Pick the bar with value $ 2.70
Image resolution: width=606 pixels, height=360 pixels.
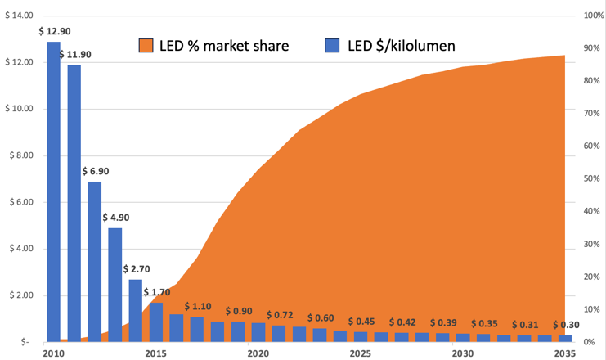tap(136, 309)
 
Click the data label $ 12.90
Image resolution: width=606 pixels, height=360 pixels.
tap(53, 30)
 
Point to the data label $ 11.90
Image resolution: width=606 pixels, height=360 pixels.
tap(77, 54)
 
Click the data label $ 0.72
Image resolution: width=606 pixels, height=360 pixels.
tap(281, 315)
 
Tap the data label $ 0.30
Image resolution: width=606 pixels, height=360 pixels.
tap(567, 325)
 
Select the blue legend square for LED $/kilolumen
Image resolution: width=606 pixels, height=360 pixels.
tap(331, 45)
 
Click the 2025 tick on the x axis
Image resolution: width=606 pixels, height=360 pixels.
tap(360, 353)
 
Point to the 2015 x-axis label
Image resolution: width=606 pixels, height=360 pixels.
tap(155, 353)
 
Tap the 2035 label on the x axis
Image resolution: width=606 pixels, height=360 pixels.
tap(564, 353)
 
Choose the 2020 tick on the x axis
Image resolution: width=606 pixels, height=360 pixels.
tap(258, 353)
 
